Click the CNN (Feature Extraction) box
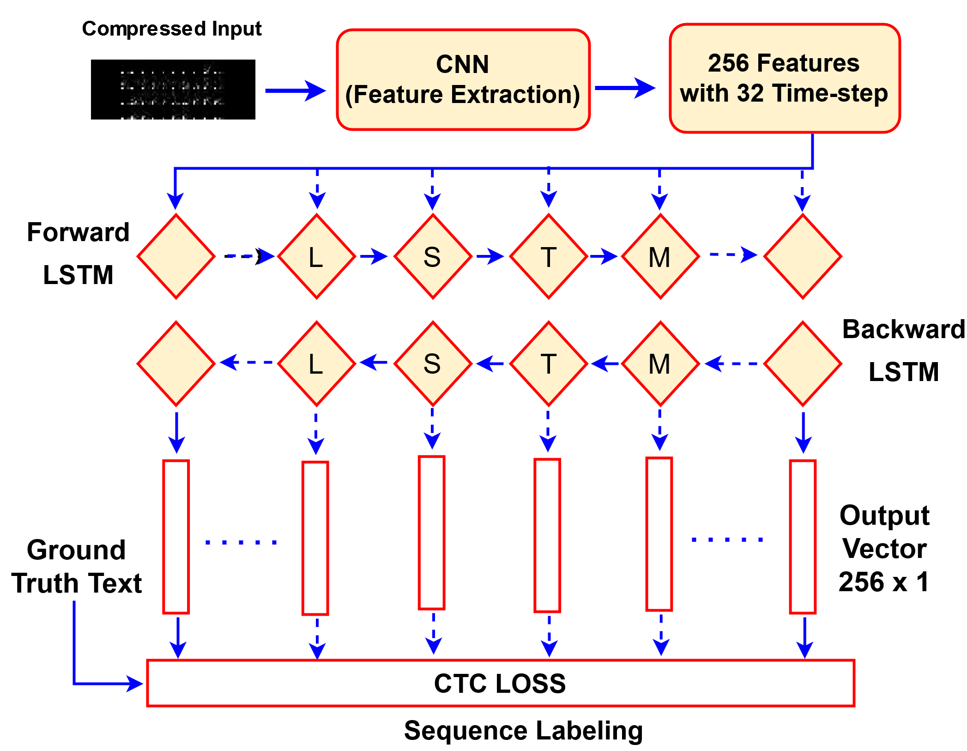(463, 80)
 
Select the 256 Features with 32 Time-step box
(784, 79)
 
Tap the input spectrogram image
(173, 90)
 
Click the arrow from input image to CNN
(296, 91)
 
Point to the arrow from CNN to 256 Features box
(624, 88)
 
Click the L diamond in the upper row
(316, 256)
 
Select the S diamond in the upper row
(433, 256)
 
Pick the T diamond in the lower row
(548, 364)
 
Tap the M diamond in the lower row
(660, 364)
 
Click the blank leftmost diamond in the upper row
(176, 256)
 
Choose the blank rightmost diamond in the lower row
(803, 364)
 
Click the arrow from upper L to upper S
(374, 256)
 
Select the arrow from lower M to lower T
(605, 363)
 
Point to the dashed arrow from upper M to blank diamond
(733, 254)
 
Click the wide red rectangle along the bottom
(501, 683)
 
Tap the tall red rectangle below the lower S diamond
(431, 533)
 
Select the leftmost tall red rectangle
(176, 537)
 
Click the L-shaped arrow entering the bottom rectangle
(92, 683)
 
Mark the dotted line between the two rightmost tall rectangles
(727, 539)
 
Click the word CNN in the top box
(462, 64)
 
